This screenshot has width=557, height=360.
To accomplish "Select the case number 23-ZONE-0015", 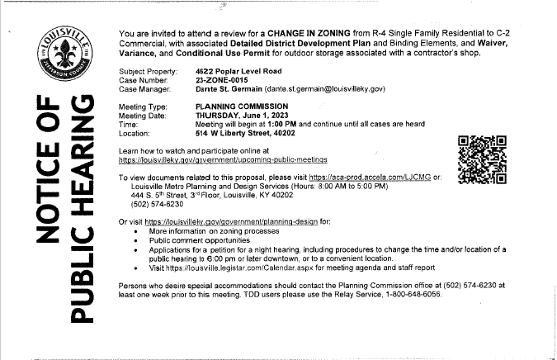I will click(x=220, y=81).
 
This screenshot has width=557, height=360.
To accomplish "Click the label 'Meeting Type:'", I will click(x=144, y=107).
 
